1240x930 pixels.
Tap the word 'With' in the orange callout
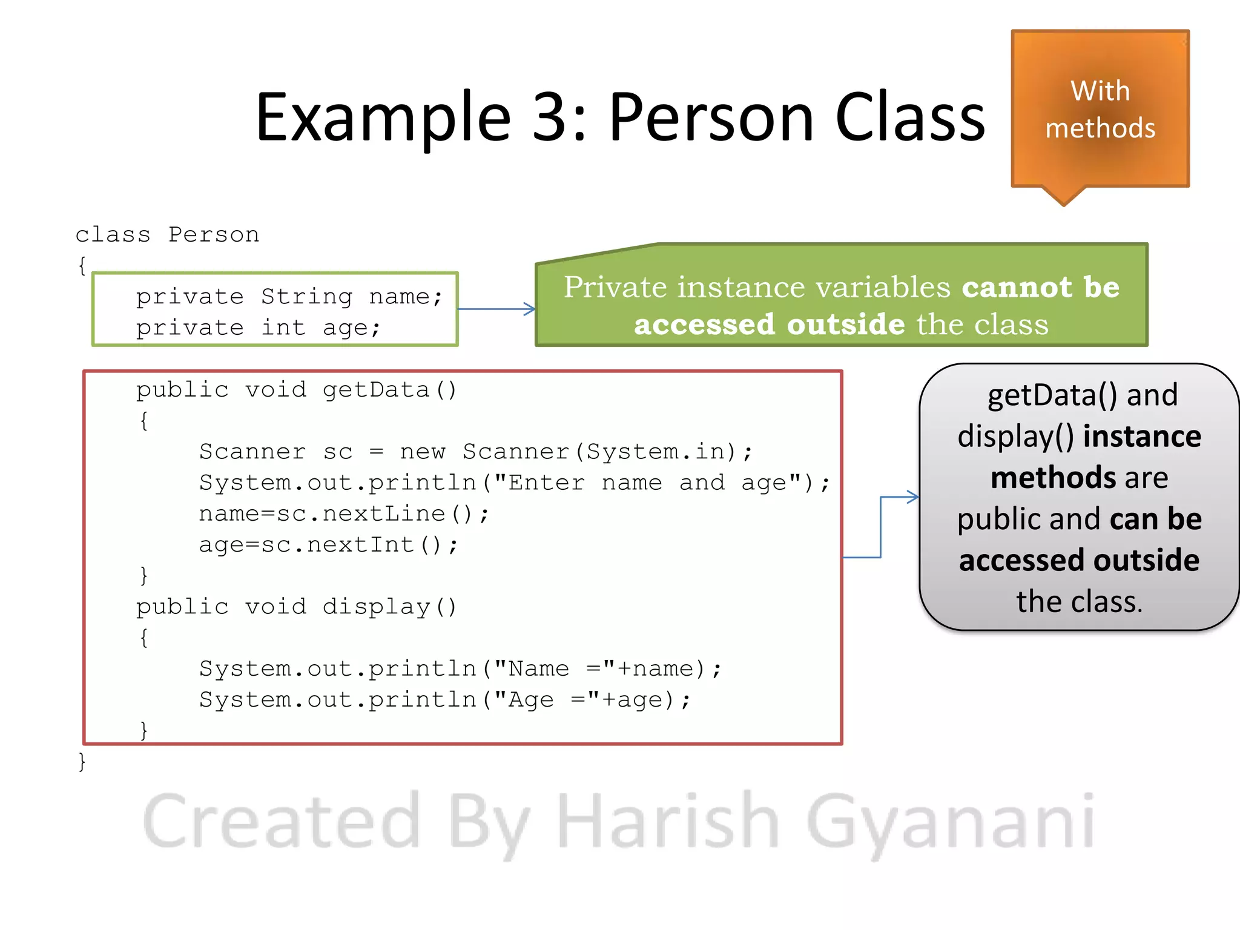click(1100, 91)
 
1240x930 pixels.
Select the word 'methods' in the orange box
click(1100, 128)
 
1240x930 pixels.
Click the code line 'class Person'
click(167, 235)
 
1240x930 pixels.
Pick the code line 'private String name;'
click(289, 297)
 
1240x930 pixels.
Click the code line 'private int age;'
click(259, 328)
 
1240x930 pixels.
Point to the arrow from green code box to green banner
click(496, 309)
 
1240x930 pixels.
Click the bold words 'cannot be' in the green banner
click(1040, 287)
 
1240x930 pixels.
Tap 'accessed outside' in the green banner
click(769, 325)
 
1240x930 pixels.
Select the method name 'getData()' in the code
click(389, 390)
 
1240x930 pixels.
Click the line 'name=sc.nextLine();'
click(343, 514)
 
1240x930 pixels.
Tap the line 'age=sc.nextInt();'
click(328, 545)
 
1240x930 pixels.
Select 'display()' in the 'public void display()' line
click(389, 607)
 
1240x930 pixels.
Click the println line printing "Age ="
click(444, 700)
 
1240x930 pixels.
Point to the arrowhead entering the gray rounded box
click(913, 497)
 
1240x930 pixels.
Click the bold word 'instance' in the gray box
click(1141, 437)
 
